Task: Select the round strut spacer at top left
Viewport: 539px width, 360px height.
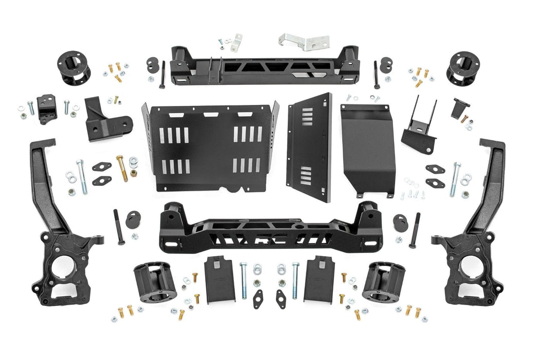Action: tap(73, 68)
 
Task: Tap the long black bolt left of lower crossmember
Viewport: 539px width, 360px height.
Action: tap(118, 227)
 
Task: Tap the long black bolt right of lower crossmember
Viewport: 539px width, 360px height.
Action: tap(414, 230)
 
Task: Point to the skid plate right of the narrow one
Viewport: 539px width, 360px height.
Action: tap(367, 149)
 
